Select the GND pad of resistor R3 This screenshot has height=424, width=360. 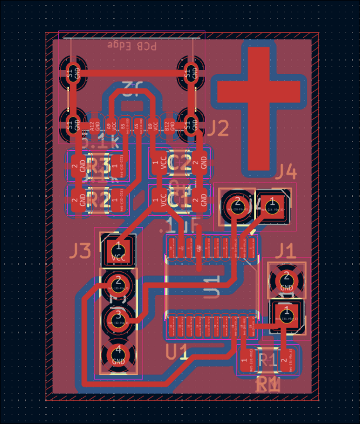77,163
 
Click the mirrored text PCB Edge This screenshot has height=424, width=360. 132,45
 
